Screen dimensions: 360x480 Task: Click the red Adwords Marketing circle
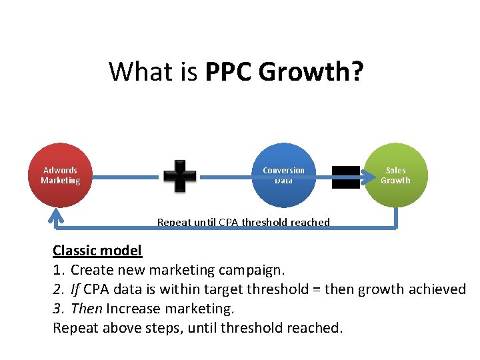click(x=60, y=175)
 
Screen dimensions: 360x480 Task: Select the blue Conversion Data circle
click(x=283, y=175)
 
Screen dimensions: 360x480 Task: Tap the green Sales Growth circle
click(x=395, y=175)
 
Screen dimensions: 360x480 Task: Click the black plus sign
click(x=180, y=176)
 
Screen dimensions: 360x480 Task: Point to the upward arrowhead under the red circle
click(x=56, y=214)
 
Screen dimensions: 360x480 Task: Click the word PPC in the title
click(x=229, y=71)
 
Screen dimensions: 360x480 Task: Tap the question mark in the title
click(x=357, y=71)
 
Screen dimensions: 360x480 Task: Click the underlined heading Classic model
click(x=97, y=251)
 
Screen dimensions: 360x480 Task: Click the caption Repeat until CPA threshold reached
click(x=243, y=222)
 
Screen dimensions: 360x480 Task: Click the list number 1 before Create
click(x=57, y=270)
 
